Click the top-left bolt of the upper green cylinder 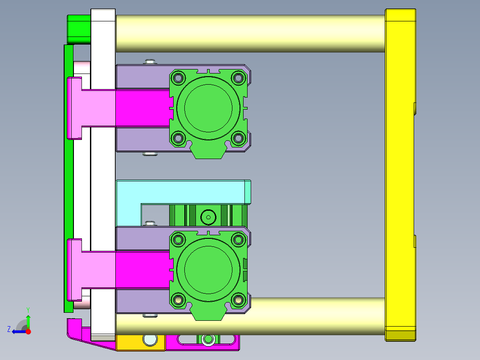point(179,78)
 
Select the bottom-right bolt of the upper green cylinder point(239,138)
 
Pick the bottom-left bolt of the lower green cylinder point(179,300)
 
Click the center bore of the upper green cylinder point(208,108)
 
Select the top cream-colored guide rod point(249,33)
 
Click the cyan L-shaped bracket point(183,192)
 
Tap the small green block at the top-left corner point(79,29)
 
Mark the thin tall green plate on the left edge point(69,178)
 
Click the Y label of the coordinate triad point(28,309)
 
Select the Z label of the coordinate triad point(9,329)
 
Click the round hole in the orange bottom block point(150,340)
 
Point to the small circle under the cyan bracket point(207,217)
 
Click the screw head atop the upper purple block point(150,61)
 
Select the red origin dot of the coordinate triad point(28,331)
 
